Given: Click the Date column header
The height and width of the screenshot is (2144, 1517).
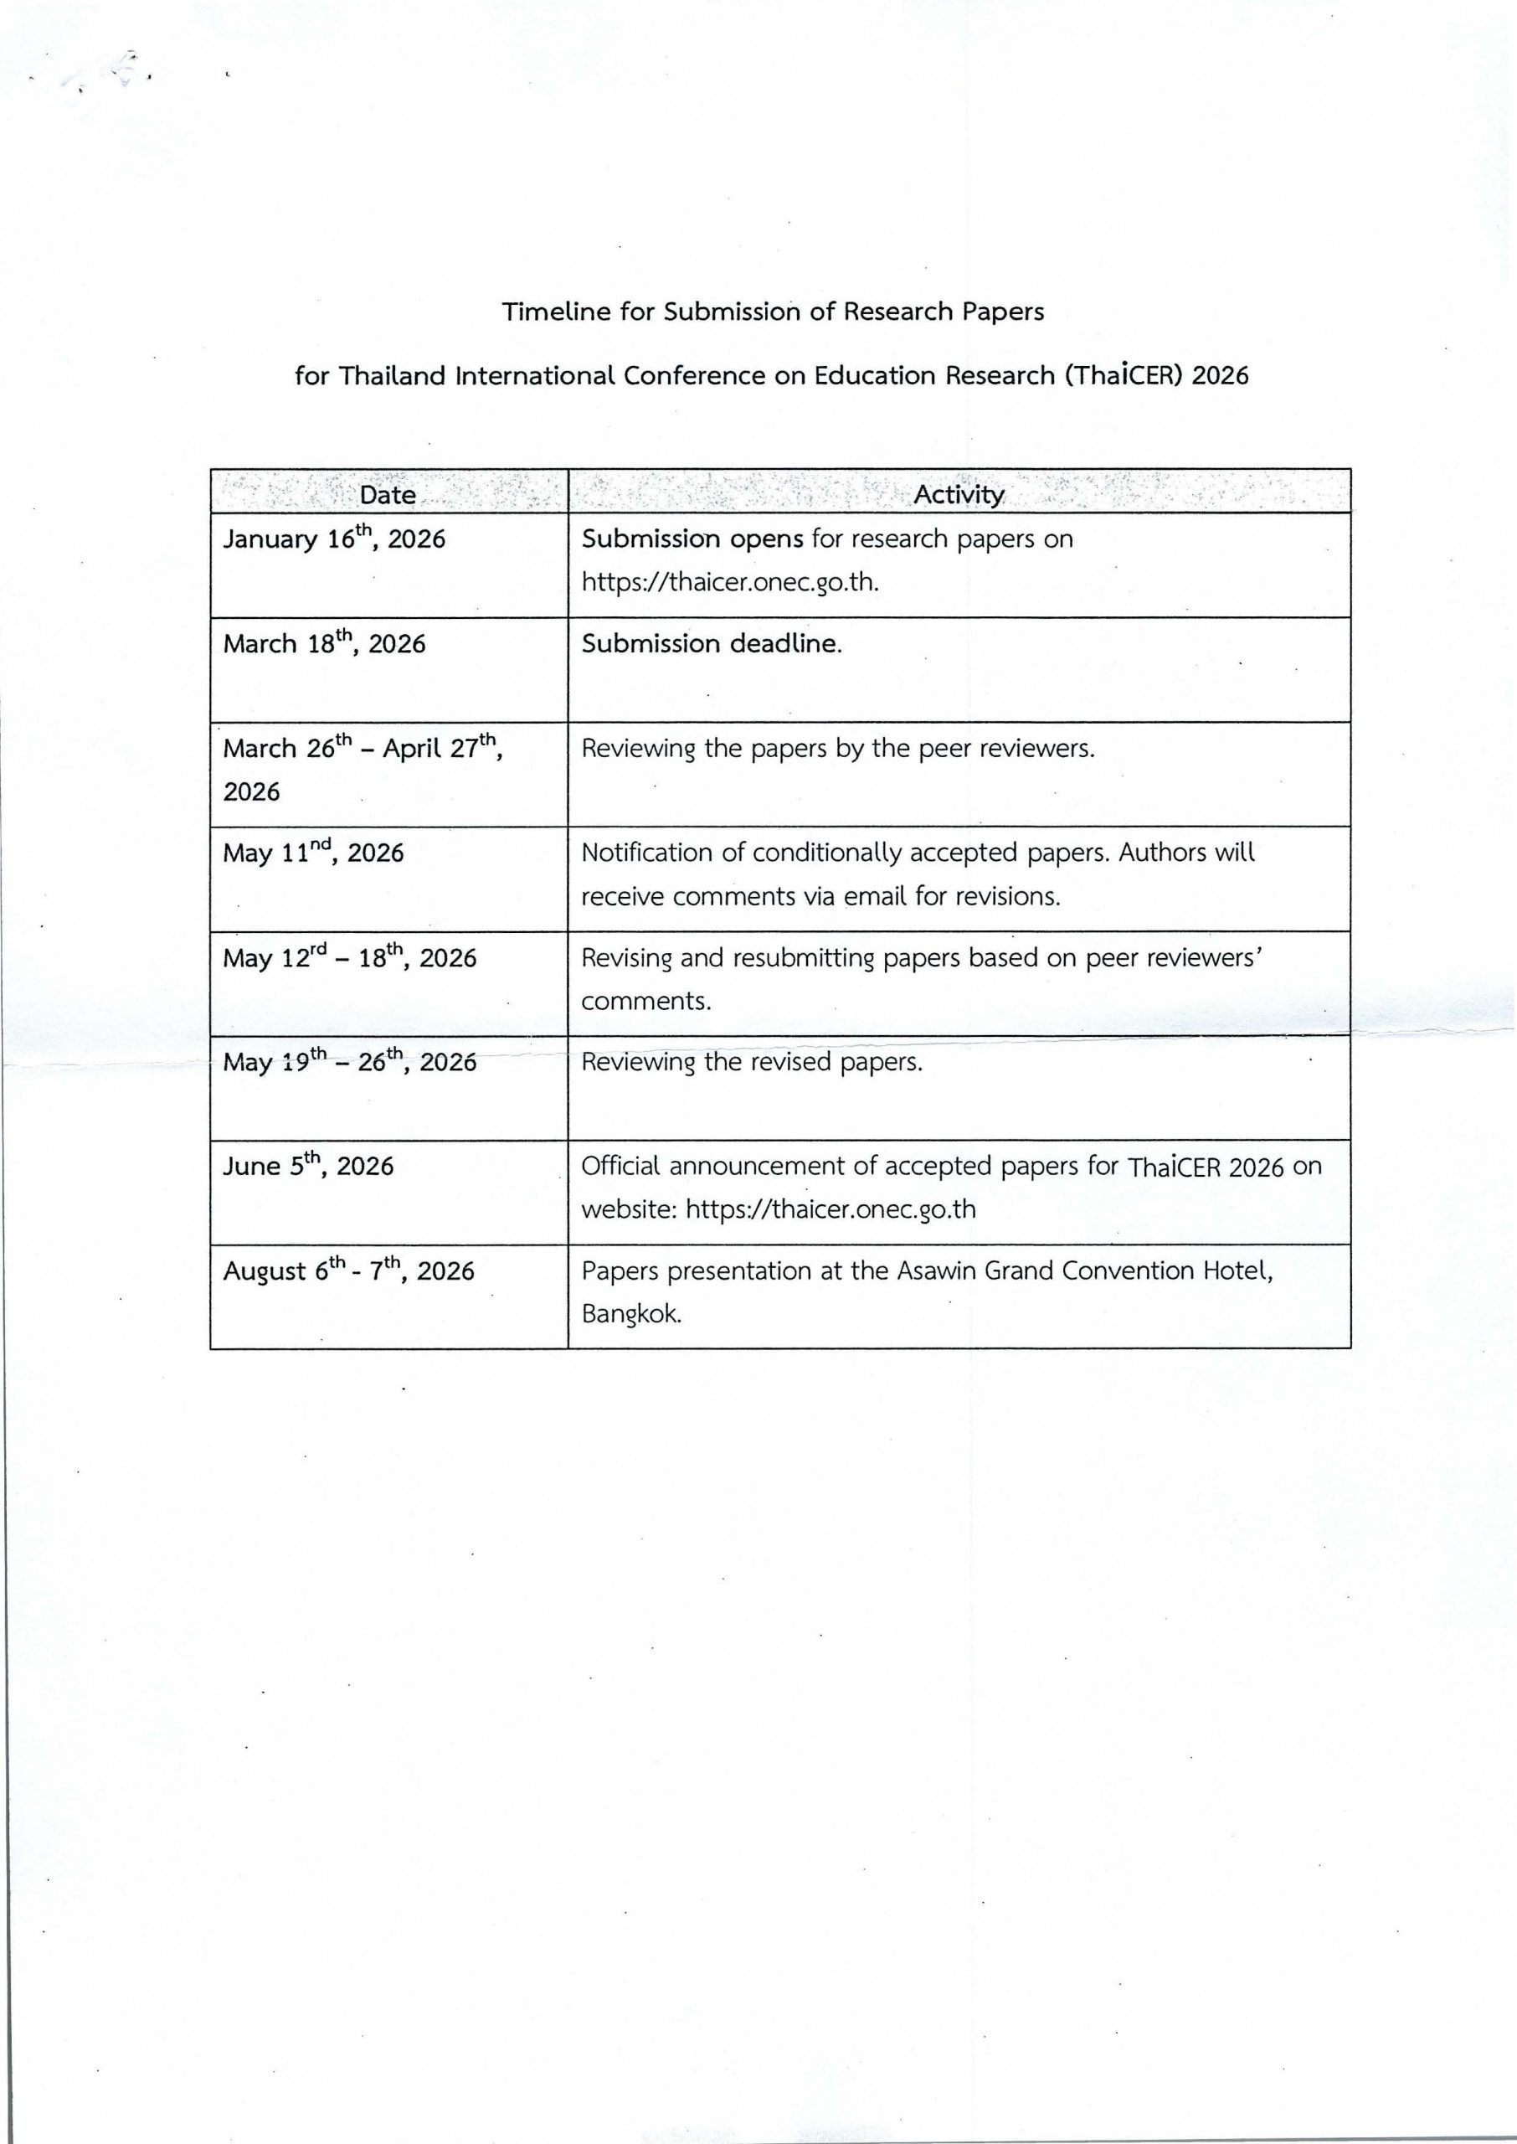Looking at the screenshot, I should coord(388,494).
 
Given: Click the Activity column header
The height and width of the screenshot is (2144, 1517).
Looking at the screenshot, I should coord(959,494).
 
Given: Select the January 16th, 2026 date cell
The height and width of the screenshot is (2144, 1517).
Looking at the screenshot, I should coord(333,539).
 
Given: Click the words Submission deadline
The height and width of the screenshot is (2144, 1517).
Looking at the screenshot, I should coord(711,644).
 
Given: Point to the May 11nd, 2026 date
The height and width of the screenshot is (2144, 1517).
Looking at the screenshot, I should coord(313,852).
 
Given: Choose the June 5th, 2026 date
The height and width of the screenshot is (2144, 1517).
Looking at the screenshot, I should coord(307,1165).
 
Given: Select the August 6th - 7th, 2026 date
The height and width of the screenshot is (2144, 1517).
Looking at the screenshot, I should coord(348,1270).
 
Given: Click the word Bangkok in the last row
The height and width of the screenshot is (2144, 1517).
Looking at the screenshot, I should coord(630,1313).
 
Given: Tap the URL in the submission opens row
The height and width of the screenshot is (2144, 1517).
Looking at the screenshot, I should coord(729,582).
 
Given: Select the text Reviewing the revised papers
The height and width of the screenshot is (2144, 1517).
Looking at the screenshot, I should coord(751,1061).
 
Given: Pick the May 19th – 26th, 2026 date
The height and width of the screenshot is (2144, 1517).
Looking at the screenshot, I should coord(349,1061).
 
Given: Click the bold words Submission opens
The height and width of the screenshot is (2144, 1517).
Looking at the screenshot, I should coord(692,539).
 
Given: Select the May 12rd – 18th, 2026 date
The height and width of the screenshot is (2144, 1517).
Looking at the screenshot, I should coord(349,957).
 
